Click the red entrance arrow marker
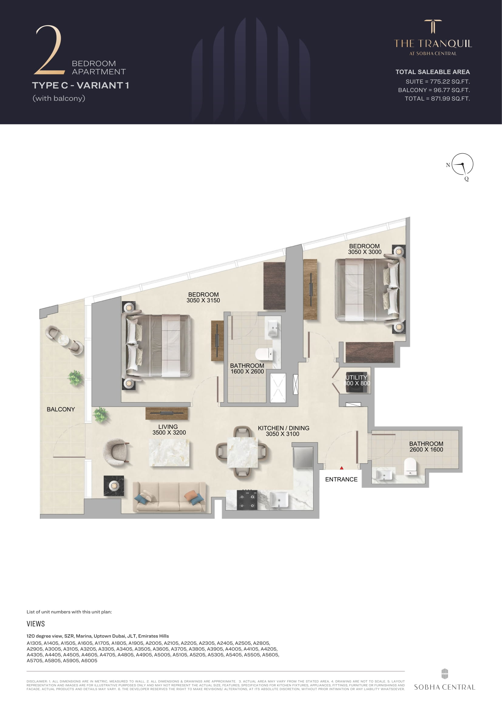click(341, 468)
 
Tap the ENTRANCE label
click(341, 479)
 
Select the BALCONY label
click(61, 409)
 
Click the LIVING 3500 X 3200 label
click(169, 430)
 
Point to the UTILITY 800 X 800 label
click(357, 380)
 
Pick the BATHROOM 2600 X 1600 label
click(426, 447)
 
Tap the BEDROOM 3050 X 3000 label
click(365, 249)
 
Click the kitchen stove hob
click(247, 499)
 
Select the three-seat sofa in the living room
click(169, 497)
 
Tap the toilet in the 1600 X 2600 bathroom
click(264, 354)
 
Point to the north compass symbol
click(462, 165)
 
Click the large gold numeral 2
click(49, 50)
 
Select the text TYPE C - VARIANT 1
click(80, 85)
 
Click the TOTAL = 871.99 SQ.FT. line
click(437, 99)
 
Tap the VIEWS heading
click(36, 624)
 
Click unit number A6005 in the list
click(89, 661)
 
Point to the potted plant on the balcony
click(75, 378)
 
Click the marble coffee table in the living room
click(169, 452)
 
